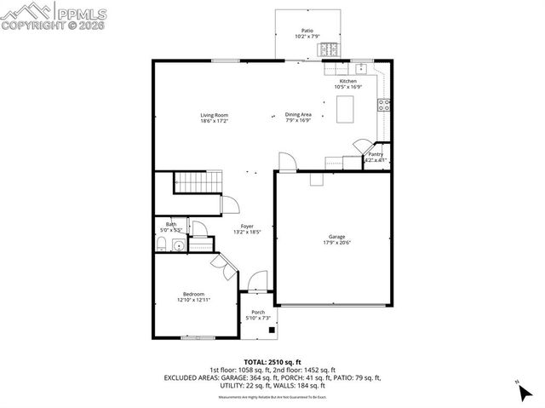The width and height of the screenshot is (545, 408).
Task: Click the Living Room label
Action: pyautogui.click(x=214, y=115)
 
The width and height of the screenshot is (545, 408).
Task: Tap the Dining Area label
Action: pyautogui.click(x=298, y=115)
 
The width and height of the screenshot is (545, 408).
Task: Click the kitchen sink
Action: pyautogui.click(x=361, y=67)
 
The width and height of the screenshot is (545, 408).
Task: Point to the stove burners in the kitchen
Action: pyautogui.click(x=384, y=105)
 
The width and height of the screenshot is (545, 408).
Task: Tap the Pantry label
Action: pyautogui.click(x=376, y=154)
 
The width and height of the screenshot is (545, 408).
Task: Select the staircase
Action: pyautogui.click(x=198, y=182)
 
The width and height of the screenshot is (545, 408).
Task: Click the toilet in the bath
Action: pyautogui.click(x=161, y=246)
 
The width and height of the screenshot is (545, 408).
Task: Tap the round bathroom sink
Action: pyautogui.click(x=177, y=246)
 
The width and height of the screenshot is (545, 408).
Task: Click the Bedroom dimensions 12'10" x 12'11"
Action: pyautogui.click(x=193, y=300)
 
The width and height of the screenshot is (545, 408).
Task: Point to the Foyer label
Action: pyautogui.click(x=247, y=226)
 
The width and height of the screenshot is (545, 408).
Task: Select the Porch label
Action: pyautogui.click(x=257, y=313)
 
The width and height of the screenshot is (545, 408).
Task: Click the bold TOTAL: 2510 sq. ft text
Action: pyautogui.click(x=272, y=361)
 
